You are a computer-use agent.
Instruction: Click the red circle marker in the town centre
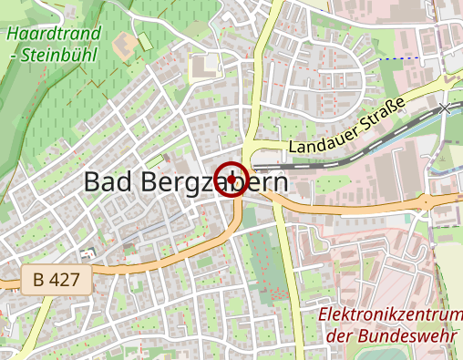click(231, 179)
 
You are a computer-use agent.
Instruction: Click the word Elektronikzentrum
click(390, 315)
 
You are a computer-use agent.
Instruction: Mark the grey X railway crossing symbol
click(445, 108)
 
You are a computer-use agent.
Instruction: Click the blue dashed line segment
click(401, 58)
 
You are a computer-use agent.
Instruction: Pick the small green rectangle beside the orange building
click(145, 42)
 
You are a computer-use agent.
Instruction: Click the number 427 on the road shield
click(67, 280)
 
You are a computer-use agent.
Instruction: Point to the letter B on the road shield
click(38, 280)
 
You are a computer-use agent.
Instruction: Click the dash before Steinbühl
click(12, 56)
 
